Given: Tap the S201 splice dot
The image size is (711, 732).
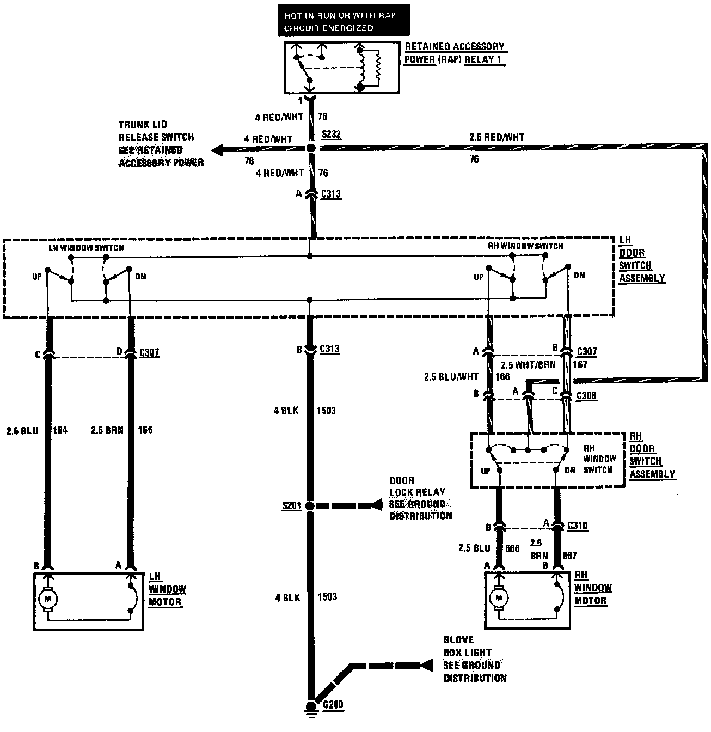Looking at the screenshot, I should click(x=310, y=506).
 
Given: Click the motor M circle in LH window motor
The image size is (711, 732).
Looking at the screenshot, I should click(x=47, y=599).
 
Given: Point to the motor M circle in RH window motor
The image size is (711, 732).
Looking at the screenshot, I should click(x=498, y=598).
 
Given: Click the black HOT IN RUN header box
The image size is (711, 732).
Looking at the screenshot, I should click(x=344, y=21).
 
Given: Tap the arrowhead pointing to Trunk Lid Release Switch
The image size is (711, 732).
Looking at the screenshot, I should click(x=218, y=149).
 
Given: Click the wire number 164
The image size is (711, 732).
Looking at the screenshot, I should click(x=60, y=430).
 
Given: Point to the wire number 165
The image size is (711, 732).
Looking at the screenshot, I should click(x=145, y=430).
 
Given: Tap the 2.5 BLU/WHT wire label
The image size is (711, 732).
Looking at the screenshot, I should click(x=451, y=377).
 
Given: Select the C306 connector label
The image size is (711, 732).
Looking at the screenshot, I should click(x=586, y=396).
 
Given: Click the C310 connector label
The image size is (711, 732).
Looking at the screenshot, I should click(x=577, y=526).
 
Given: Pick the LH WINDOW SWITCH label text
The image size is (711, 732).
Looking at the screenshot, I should click(x=86, y=248).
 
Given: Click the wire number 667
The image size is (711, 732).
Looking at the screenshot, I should click(x=569, y=556).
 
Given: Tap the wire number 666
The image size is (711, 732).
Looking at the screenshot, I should click(x=512, y=548).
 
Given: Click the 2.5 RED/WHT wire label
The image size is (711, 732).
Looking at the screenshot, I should click(x=497, y=138).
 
